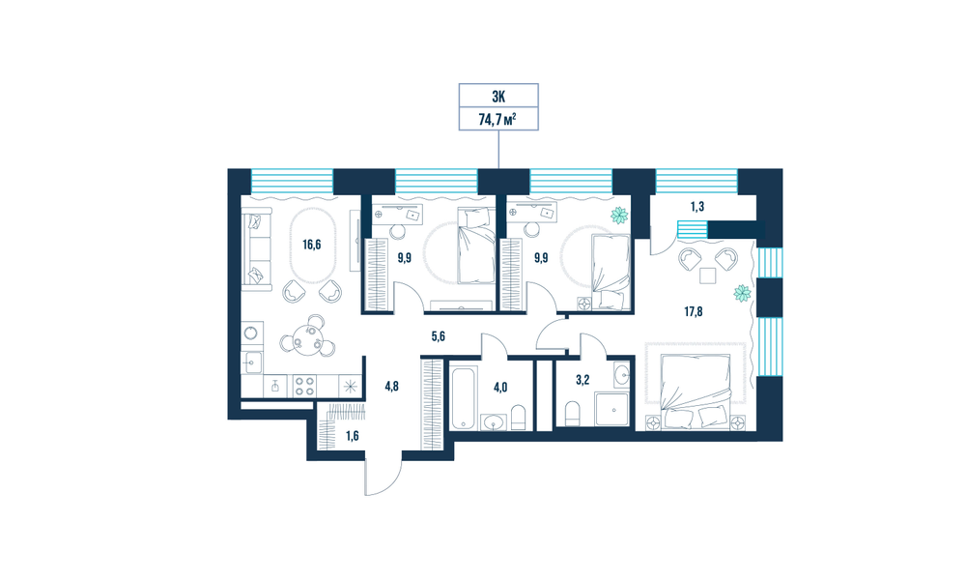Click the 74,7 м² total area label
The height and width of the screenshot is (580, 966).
pos(497,119)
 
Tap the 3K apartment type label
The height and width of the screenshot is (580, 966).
pos(498,96)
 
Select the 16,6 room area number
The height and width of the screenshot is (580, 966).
pos(312,245)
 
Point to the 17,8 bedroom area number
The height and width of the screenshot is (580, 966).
pos(693,311)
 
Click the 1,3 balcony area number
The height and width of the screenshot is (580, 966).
pos(696,207)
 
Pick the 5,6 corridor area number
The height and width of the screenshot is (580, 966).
pos(438,336)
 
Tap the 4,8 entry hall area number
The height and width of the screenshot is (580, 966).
pos(392,387)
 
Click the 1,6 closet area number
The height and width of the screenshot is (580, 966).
pos(352,436)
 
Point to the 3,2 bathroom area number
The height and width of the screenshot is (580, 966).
pos(582,380)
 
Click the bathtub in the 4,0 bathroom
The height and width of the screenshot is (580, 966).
pos(464,397)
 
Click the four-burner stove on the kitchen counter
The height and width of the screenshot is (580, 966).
pos(303,386)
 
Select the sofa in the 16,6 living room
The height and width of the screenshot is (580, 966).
pos(256,249)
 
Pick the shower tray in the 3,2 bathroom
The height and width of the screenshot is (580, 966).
pos(611,409)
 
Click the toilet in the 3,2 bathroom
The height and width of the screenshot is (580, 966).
pos(572,414)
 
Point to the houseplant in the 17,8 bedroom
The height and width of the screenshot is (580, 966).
pos(742,294)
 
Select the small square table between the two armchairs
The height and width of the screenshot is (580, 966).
pos(707,275)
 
